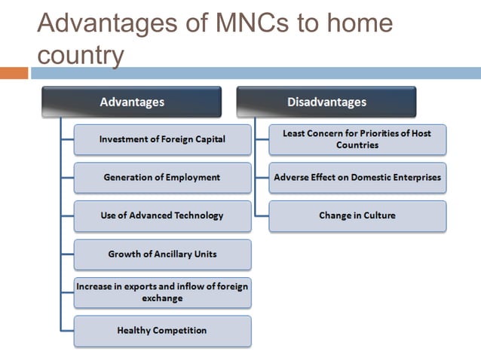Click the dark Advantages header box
[x=132, y=102]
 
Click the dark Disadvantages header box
[x=326, y=102]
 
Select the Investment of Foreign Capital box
[x=162, y=139]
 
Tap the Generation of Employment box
[x=162, y=178]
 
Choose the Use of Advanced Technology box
[x=162, y=215]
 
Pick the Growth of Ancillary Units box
[x=162, y=255]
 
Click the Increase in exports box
[x=162, y=292]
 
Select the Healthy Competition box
[x=162, y=331]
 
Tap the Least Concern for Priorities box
[x=357, y=139]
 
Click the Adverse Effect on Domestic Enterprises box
[x=357, y=178]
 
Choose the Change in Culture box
[x=357, y=215]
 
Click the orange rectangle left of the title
[x=14, y=73]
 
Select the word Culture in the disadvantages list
[x=376, y=215]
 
